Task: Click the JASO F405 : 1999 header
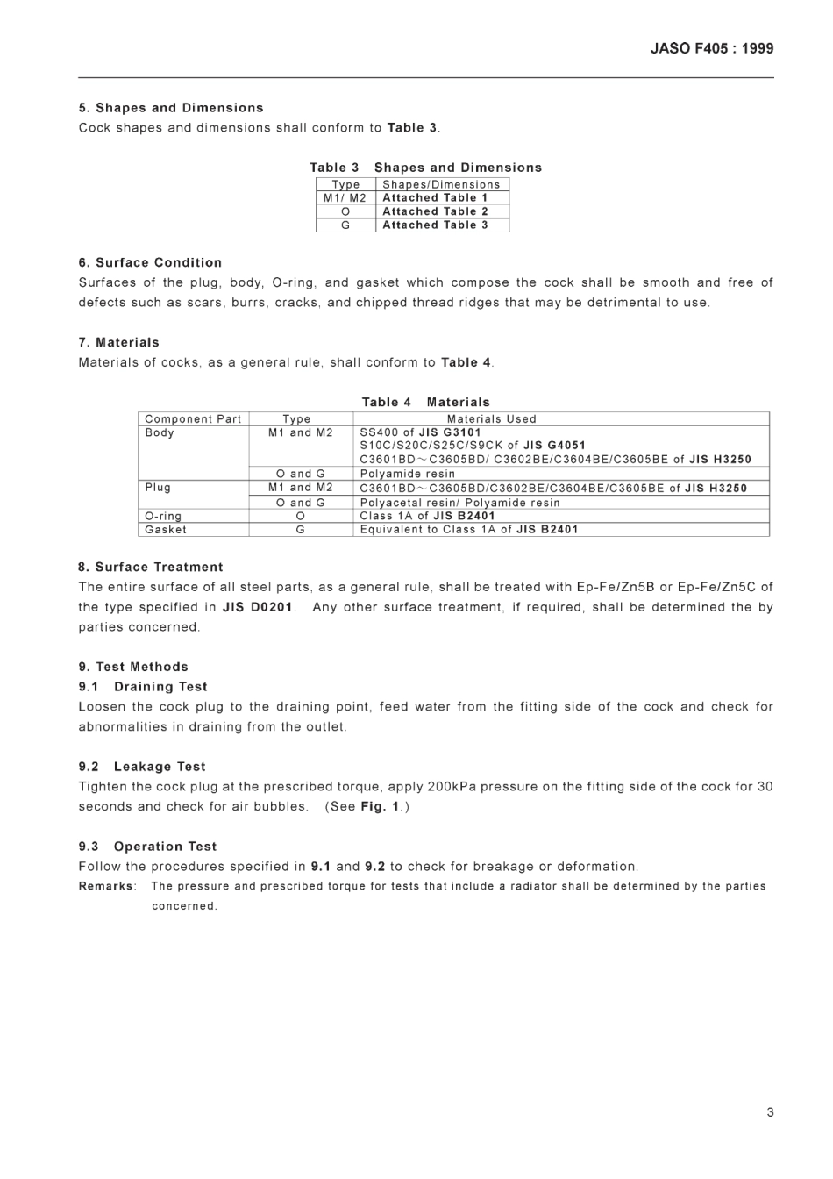point(711,49)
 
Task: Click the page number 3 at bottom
point(770,1112)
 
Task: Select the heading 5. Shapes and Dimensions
point(171,108)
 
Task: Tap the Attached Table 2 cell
point(435,211)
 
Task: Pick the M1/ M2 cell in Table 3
point(345,198)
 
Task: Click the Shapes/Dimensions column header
point(441,184)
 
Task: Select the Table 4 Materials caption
point(425,402)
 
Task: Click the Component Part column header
point(193,419)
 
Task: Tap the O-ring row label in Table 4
point(163,517)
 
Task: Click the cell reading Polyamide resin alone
point(408,474)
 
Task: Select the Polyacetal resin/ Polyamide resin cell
point(459,503)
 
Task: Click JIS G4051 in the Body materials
point(554,446)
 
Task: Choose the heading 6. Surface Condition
point(150,262)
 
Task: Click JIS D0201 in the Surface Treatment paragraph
point(258,607)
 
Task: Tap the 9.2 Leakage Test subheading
point(142,767)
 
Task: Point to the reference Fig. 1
point(380,807)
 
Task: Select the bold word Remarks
point(106,887)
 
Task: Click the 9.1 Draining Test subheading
point(143,687)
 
